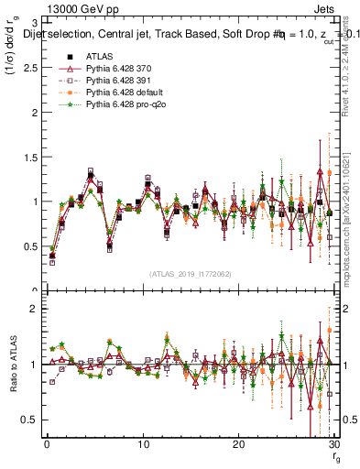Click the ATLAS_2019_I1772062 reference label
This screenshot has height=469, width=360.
190,273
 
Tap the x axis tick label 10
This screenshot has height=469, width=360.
143,444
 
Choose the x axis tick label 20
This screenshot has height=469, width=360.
239,444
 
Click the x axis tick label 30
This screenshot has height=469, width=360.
334,444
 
